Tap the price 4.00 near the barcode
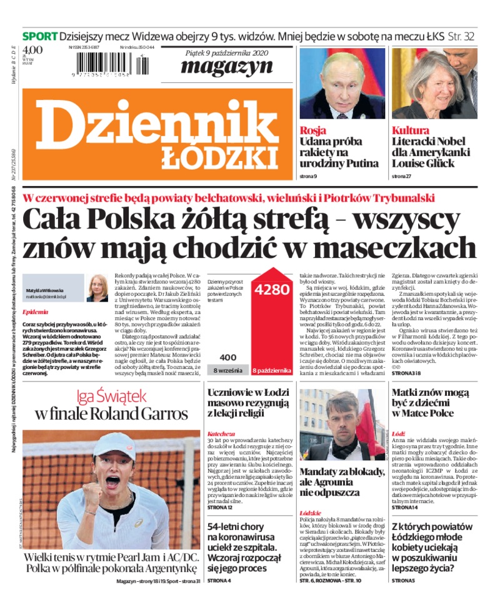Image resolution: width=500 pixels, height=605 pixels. [x=32, y=51]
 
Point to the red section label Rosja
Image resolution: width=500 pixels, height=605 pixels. [x=312, y=130]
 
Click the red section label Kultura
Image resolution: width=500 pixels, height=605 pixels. [x=411, y=130]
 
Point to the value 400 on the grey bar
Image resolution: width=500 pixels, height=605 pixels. [x=228, y=357]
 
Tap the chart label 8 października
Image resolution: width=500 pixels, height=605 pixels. [x=272, y=371]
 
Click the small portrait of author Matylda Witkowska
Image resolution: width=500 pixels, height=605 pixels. [x=97, y=287]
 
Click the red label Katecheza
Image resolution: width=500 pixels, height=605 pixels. [x=221, y=433]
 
